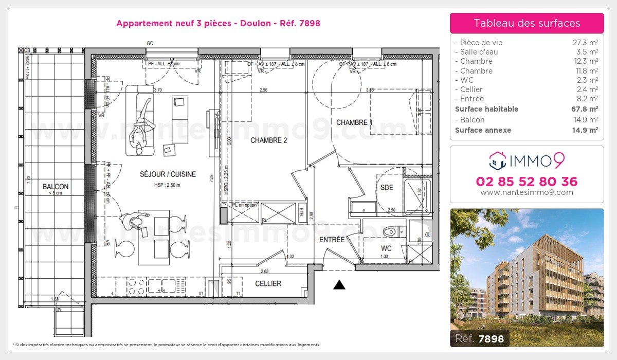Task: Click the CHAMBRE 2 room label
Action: (x=268, y=140)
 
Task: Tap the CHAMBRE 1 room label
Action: (x=354, y=122)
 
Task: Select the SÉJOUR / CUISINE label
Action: (x=168, y=174)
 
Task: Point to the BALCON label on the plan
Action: (x=56, y=187)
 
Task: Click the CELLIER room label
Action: (x=268, y=283)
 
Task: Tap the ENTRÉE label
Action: (x=332, y=240)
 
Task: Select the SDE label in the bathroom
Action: (x=386, y=188)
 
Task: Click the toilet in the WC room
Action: (x=392, y=232)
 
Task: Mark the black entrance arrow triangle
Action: (x=339, y=285)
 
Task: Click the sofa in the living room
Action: (x=140, y=120)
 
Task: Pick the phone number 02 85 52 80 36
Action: (x=527, y=182)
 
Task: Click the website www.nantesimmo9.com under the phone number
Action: (x=527, y=192)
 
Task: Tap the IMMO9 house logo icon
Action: (x=497, y=160)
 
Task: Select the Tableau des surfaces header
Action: (x=527, y=23)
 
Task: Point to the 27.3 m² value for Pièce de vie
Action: (x=586, y=43)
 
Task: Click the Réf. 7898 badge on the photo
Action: (x=480, y=338)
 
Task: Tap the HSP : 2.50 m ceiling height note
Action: (x=168, y=185)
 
